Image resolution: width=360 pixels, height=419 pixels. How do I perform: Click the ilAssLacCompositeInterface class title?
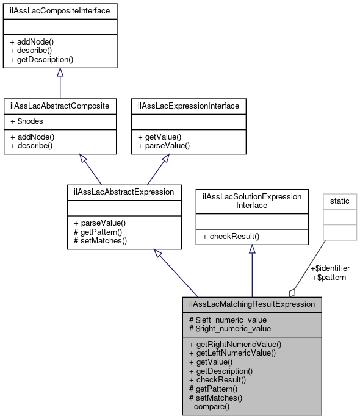coord(60,10)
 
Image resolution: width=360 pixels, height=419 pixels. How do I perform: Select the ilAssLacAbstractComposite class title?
coord(60,106)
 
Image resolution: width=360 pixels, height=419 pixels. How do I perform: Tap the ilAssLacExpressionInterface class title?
coord(189,106)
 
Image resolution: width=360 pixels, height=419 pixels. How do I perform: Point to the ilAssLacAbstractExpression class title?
coord(124,192)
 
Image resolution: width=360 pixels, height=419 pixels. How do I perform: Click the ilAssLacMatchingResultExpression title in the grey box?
coord(252,304)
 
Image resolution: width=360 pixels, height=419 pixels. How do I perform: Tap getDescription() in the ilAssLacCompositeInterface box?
coord(41,60)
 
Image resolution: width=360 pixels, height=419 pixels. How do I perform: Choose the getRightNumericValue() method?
coord(235,344)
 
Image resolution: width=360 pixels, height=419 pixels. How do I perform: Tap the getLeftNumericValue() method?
coord(232,353)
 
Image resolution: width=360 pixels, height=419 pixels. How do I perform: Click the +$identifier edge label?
coord(330,268)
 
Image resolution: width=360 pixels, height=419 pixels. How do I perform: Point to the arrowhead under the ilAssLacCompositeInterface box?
coord(60,73)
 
